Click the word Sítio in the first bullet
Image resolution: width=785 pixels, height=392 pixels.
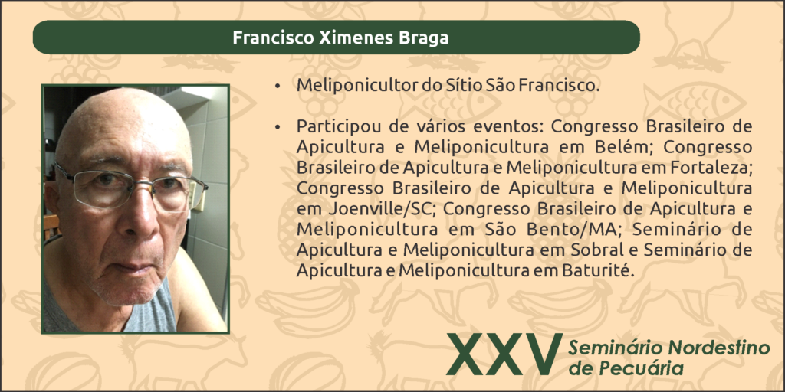coord(453,85)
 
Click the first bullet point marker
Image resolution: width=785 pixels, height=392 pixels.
coord(277,87)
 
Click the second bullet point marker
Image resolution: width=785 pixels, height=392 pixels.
coord(277,129)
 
